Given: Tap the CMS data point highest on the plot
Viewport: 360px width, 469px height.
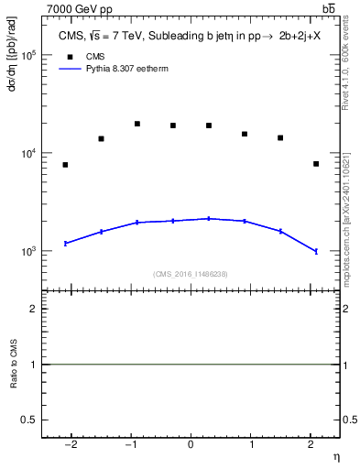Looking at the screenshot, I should click(x=136, y=124).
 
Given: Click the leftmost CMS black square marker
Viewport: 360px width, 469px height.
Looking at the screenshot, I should click(x=65, y=165).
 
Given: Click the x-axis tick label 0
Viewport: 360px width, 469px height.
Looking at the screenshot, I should click(x=191, y=445).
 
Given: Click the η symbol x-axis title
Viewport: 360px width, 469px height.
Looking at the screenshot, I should click(x=335, y=456).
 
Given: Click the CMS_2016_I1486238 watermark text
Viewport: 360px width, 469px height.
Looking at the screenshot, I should click(x=191, y=274).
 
